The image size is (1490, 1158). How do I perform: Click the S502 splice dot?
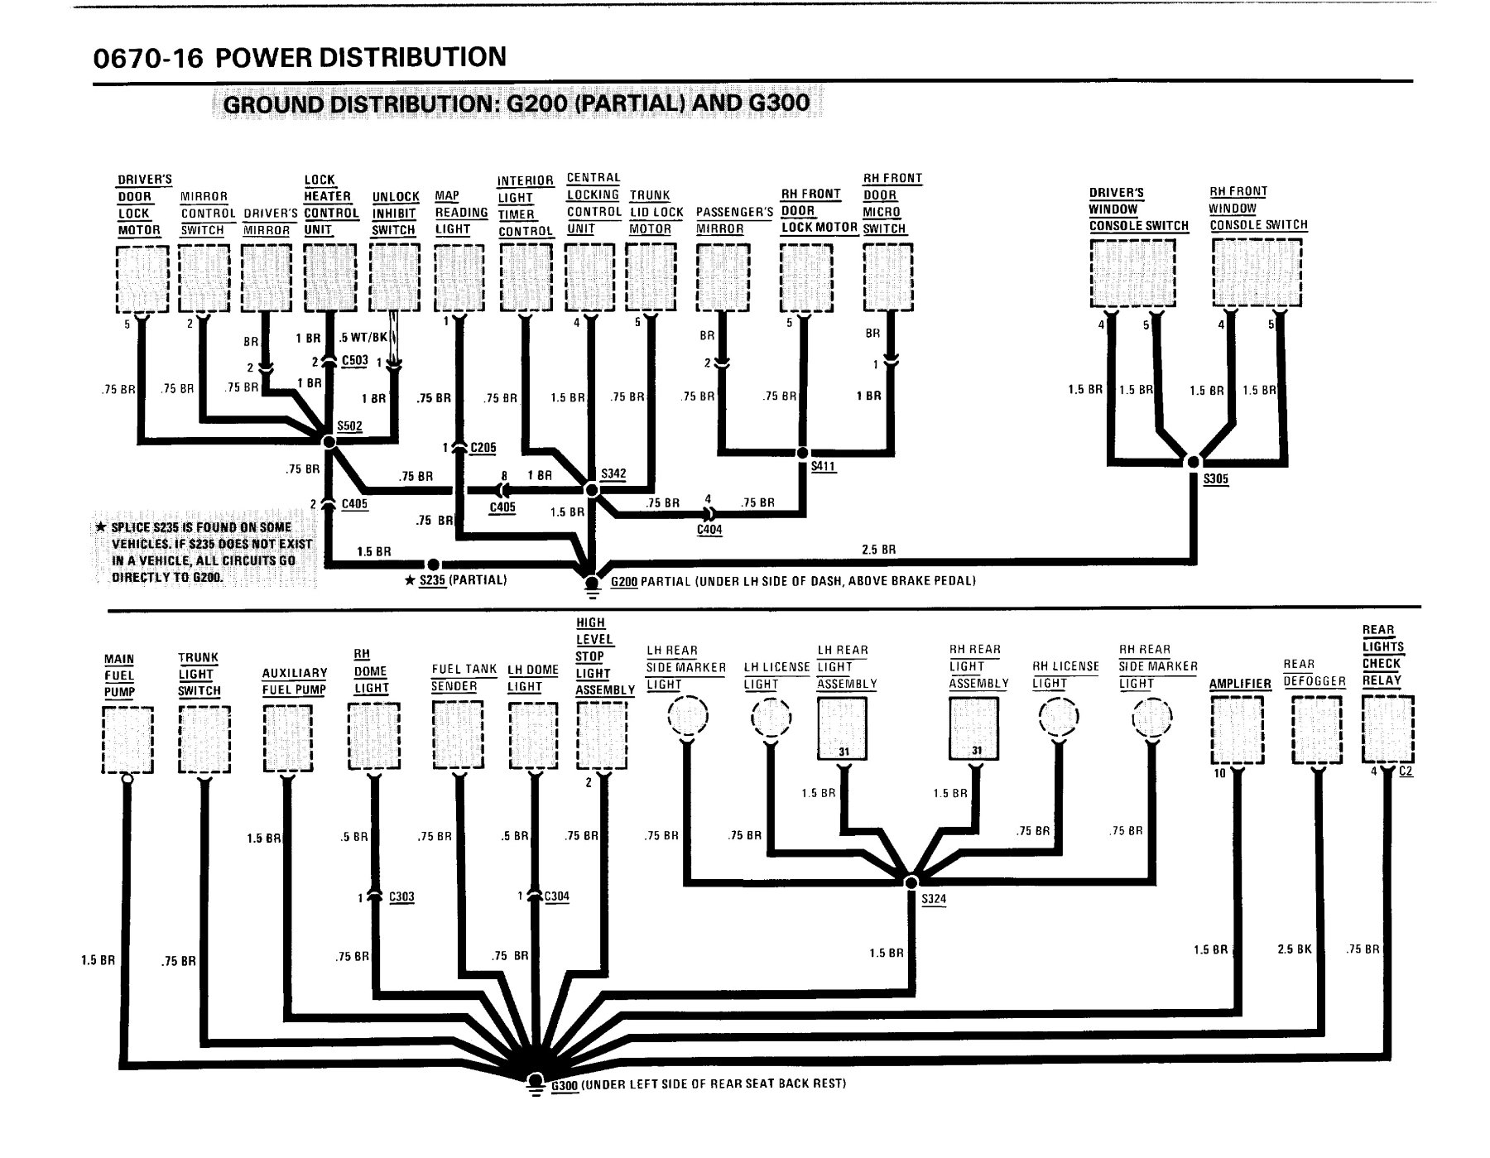point(329,443)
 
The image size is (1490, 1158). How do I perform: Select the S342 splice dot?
point(592,490)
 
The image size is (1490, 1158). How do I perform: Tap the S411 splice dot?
point(802,453)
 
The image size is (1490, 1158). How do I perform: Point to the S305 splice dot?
point(1194,462)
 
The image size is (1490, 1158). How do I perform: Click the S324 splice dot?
point(911,882)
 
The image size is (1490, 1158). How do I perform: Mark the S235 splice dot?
point(431,565)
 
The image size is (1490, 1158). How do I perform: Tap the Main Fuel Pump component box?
point(127,740)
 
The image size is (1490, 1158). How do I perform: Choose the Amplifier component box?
point(1238,730)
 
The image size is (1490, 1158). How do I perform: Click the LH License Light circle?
point(771,718)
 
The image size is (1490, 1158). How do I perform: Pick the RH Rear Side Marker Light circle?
point(1152,717)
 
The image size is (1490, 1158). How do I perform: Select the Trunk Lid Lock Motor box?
point(651,278)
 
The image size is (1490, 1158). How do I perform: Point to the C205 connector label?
point(483,448)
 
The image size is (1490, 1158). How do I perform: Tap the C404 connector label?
point(710,530)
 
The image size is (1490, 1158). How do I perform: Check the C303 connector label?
point(401,897)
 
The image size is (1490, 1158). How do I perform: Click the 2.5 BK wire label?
point(1295,949)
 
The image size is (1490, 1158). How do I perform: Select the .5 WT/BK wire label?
point(363,338)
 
